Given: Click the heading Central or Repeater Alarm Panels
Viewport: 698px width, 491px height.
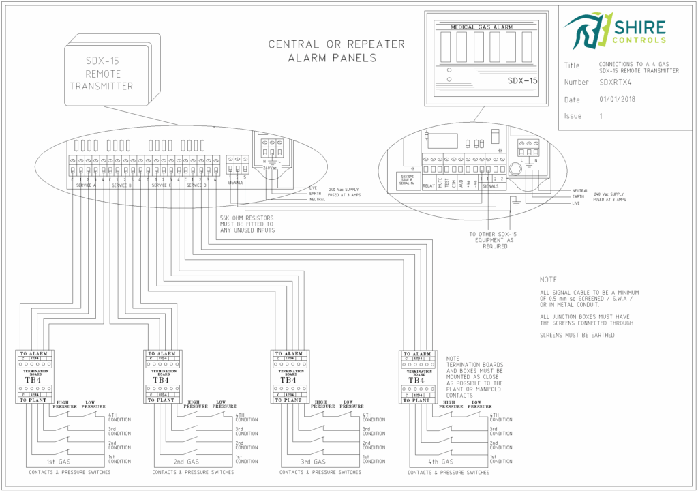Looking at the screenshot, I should coord(336,51).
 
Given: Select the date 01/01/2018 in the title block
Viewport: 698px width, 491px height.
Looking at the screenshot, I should coord(617,99).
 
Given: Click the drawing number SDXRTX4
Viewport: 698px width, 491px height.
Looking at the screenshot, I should coord(615,82).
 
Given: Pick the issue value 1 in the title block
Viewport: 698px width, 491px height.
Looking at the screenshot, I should coord(601,116).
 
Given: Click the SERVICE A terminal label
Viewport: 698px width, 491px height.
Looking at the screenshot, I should coord(86,185).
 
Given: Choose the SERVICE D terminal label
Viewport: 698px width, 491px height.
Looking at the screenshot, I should coord(196,185).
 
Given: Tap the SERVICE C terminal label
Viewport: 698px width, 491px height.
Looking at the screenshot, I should coord(162,185).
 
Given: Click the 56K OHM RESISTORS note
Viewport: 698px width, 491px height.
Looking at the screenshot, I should coord(247,224).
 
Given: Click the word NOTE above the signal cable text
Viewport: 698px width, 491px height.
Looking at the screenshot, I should coord(547,280).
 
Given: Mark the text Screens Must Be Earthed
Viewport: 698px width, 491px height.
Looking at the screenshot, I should coord(573,335).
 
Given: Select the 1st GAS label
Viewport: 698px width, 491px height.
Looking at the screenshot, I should coord(60,462).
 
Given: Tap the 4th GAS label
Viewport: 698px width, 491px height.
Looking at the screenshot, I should coord(442,462).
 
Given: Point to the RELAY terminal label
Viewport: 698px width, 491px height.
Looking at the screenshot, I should coord(428,185).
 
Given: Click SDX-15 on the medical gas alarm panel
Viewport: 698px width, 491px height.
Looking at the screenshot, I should coord(522,80).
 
